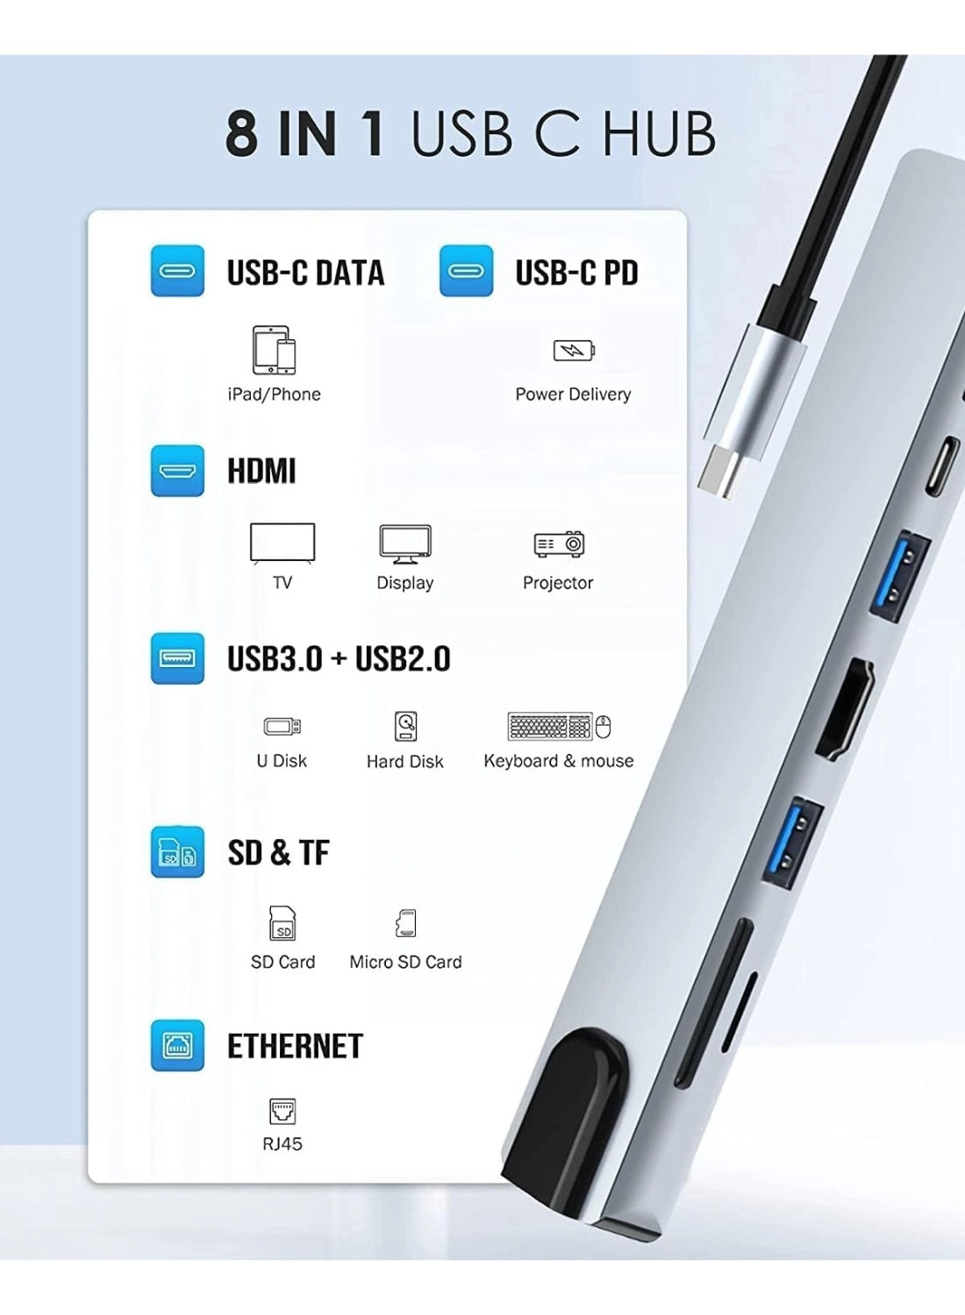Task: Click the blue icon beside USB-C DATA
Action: coord(177,271)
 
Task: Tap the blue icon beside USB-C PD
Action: coord(466,271)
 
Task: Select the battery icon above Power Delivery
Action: coord(574,351)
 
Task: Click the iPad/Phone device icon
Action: coord(274,350)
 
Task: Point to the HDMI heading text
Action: coord(261,471)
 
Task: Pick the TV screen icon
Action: coord(282,543)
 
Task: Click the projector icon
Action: coord(559,544)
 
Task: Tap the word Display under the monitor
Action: coord(404,583)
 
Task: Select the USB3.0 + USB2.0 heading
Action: coord(339,659)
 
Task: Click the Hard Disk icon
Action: coord(405,727)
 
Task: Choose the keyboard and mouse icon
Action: coord(559,727)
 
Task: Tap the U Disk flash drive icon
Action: coord(282,727)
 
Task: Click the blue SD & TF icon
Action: coord(177,852)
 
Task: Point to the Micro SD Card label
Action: coord(405,962)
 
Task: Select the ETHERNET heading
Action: coord(295,1046)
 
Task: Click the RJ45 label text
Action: coord(282,1144)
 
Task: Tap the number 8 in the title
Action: coord(242,134)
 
